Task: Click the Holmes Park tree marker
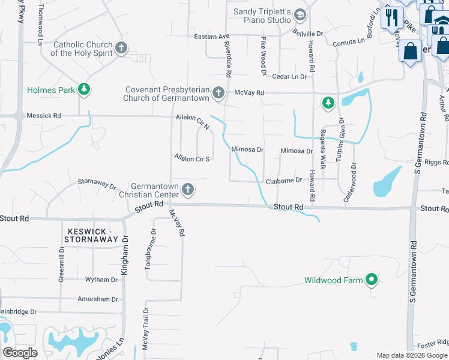click(85, 90)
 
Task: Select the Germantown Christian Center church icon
click(188, 190)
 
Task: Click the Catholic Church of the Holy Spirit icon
click(122, 48)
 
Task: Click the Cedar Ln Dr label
click(289, 76)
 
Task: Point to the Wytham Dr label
click(101, 280)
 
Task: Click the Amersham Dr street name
click(98, 299)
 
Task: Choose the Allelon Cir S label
click(192, 158)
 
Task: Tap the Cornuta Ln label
click(349, 41)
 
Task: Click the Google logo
click(20, 353)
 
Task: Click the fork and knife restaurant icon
click(392, 17)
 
